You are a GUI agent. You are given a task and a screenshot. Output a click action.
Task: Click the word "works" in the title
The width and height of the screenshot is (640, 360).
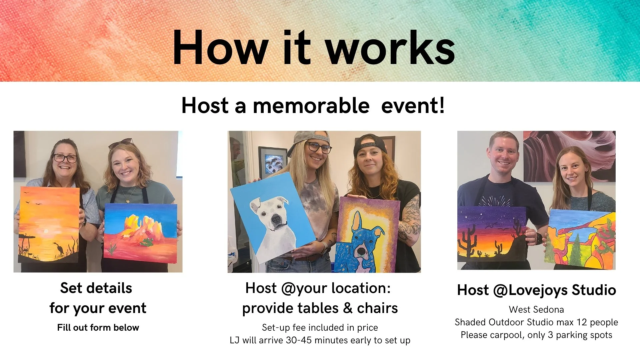click(390, 48)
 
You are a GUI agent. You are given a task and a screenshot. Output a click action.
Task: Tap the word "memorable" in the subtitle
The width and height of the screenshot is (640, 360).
click(311, 106)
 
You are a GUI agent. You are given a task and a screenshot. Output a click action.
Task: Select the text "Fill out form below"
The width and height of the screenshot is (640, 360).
click(98, 327)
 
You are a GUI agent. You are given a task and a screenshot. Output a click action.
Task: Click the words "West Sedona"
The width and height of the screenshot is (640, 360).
click(536, 309)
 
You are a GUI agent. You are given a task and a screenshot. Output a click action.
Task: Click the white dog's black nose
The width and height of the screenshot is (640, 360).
click(276, 219)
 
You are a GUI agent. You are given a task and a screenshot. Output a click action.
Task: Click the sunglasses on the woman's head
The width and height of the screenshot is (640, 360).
click(121, 143)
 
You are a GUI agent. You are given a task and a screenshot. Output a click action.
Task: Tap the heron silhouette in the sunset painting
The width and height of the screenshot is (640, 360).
click(59, 248)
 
